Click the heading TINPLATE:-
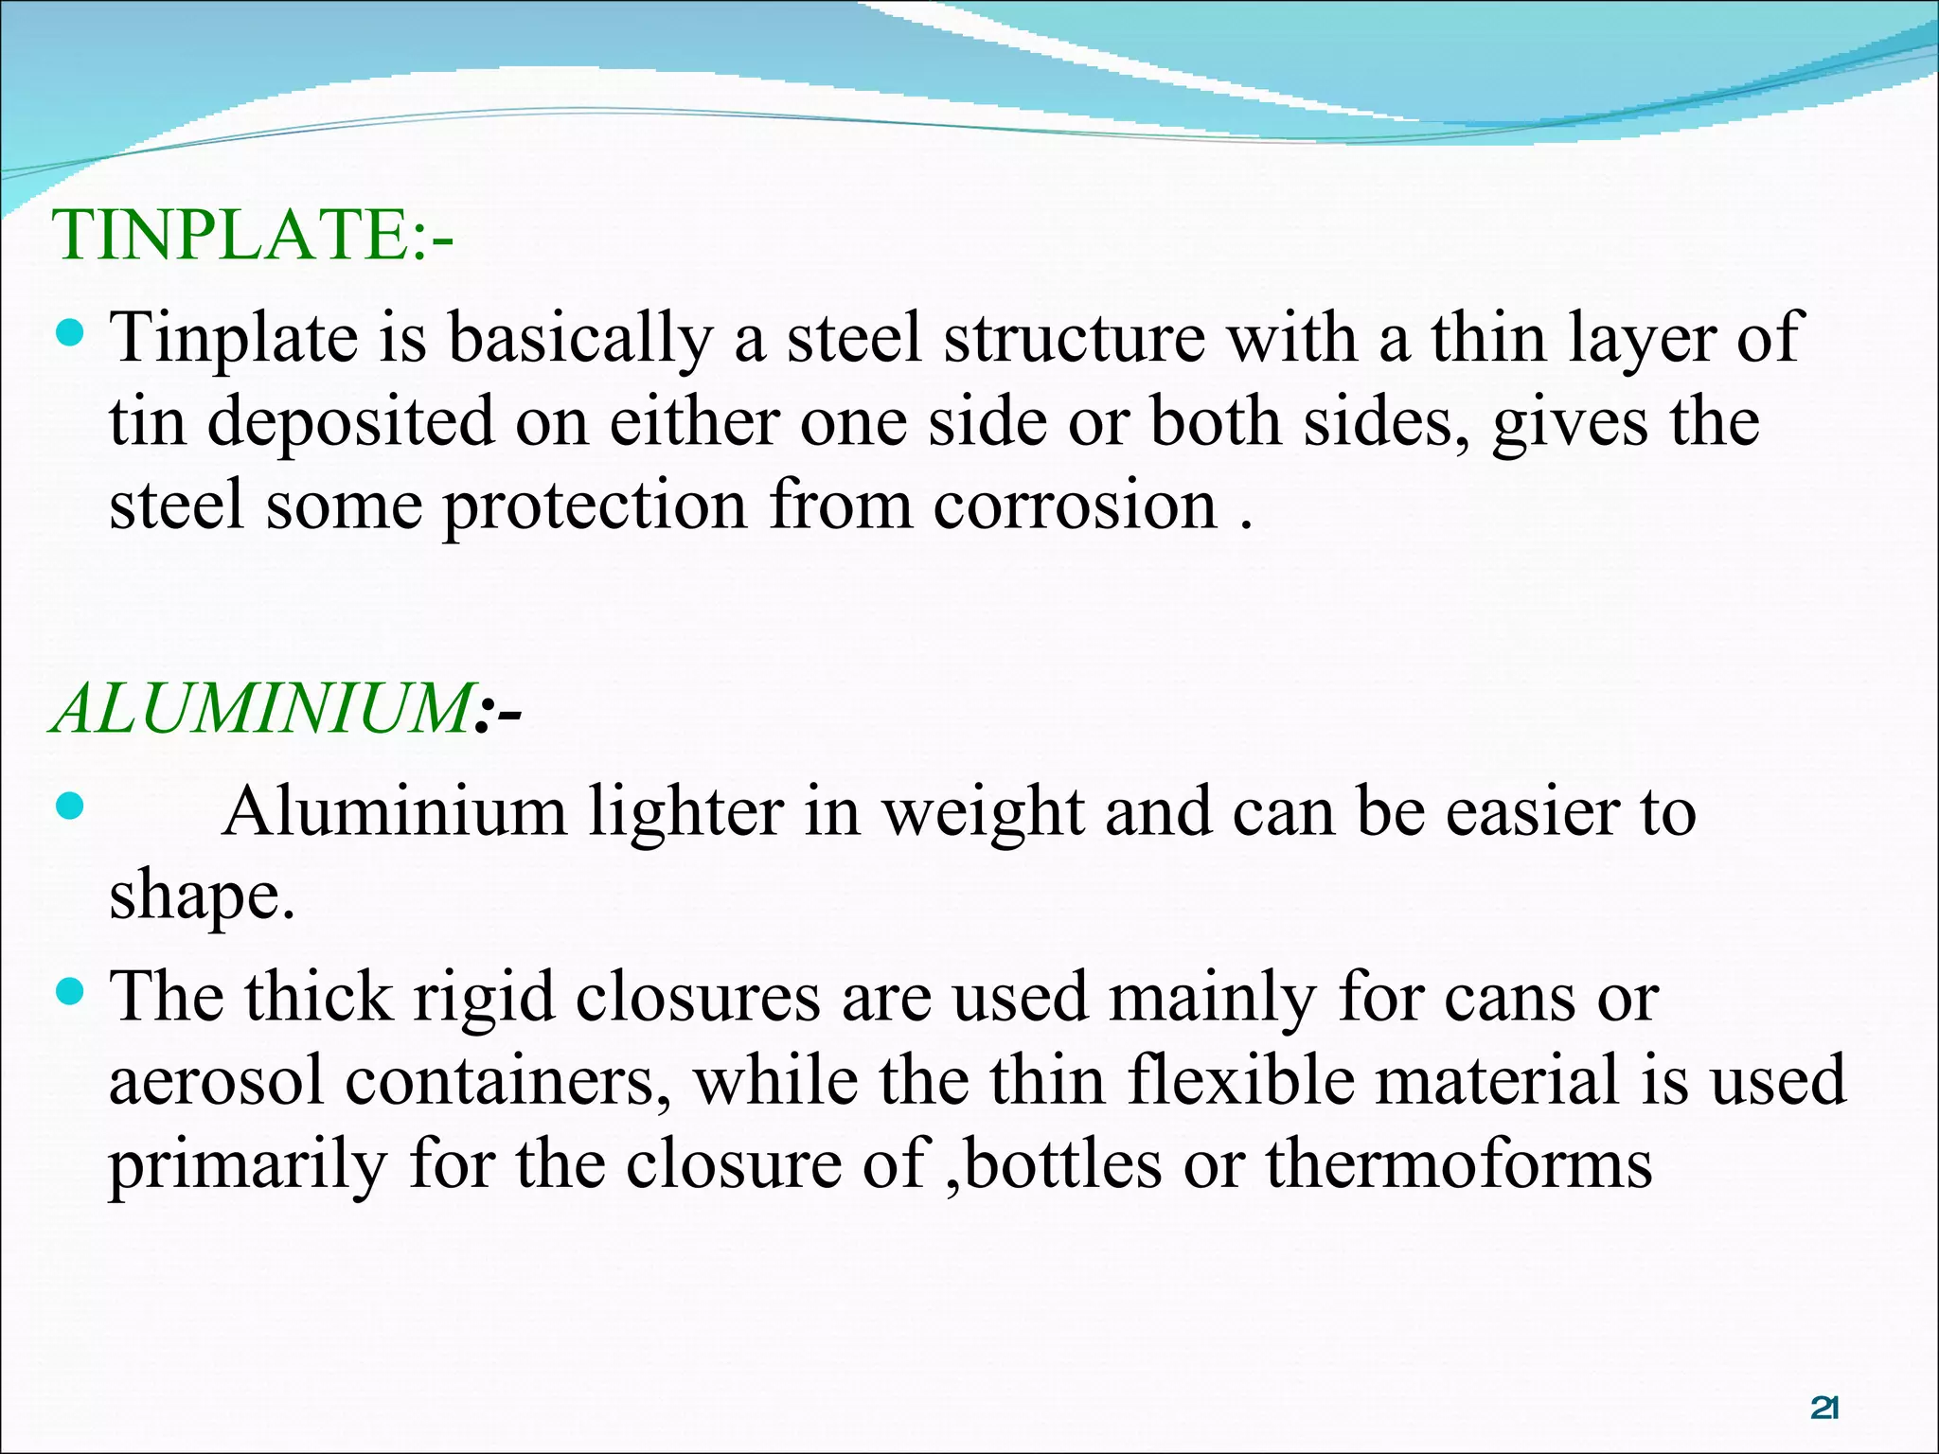click(252, 235)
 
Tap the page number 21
click(1823, 1408)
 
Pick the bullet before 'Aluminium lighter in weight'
click(71, 807)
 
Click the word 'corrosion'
click(1075, 505)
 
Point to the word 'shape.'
click(202, 895)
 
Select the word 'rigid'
click(484, 998)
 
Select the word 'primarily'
click(248, 1165)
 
